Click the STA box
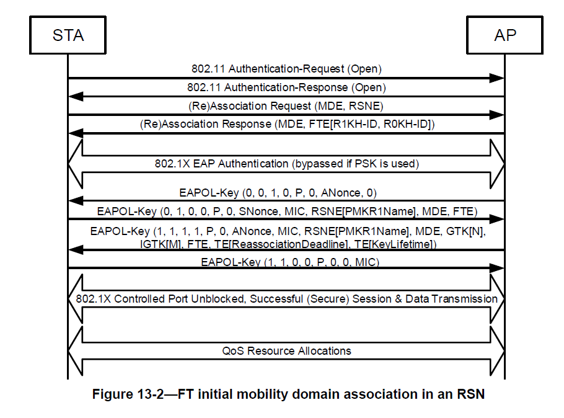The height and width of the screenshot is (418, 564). (68, 35)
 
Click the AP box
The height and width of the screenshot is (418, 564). (505, 35)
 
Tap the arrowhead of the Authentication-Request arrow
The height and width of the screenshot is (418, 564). (496, 78)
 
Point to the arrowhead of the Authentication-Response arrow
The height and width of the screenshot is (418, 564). (76, 97)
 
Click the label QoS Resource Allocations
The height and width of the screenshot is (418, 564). (287, 350)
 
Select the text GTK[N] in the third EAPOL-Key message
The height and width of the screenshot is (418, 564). (465, 231)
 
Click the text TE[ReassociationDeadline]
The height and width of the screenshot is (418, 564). (281, 244)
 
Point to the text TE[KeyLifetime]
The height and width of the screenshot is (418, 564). (395, 244)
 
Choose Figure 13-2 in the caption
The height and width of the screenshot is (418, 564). (128, 394)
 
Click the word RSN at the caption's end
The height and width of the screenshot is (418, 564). (471, 394)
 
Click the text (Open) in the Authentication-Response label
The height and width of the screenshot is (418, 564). (368, 87)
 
